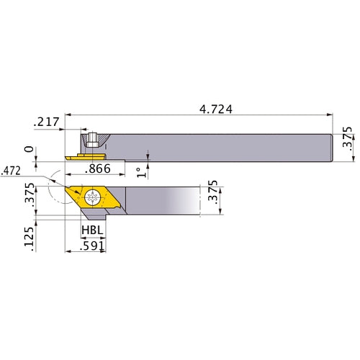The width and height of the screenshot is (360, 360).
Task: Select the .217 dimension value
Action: click(x=46, y=124)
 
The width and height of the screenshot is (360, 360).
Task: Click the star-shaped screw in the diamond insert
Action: click(x=91, y=197)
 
